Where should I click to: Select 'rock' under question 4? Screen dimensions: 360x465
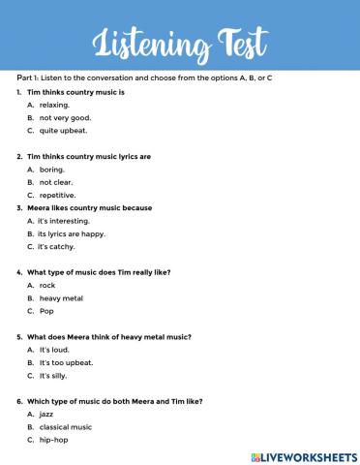point(47,286)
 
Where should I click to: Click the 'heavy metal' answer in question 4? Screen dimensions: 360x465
point(60,298)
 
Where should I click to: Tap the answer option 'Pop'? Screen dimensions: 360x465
point(46,311)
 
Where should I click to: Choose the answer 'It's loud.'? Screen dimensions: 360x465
point(54,349)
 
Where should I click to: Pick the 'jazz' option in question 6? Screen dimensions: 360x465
point(47,414)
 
